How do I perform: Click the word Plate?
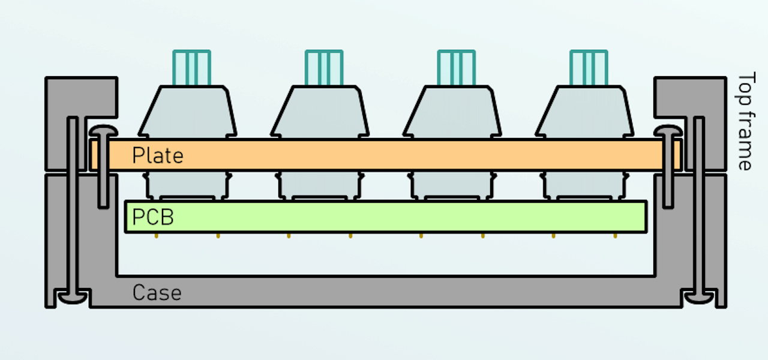pos(157,155)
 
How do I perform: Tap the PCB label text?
pos(153,217)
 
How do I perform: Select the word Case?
pos(157,293)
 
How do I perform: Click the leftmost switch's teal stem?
pos(192,68)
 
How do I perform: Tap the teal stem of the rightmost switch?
pos(589,68)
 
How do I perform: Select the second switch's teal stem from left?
pos(324,68)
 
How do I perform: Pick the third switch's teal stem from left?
pos(457,68)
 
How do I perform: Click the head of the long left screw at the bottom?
pos(72,296)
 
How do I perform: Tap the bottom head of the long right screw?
pos(698,296)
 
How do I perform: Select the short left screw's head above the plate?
pos(103,131)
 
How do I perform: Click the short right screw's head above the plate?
pos(667,131)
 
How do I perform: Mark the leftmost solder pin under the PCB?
pos(157,236)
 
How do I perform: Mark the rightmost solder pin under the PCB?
pos(615,236)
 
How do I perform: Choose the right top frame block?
pos(690,96)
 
